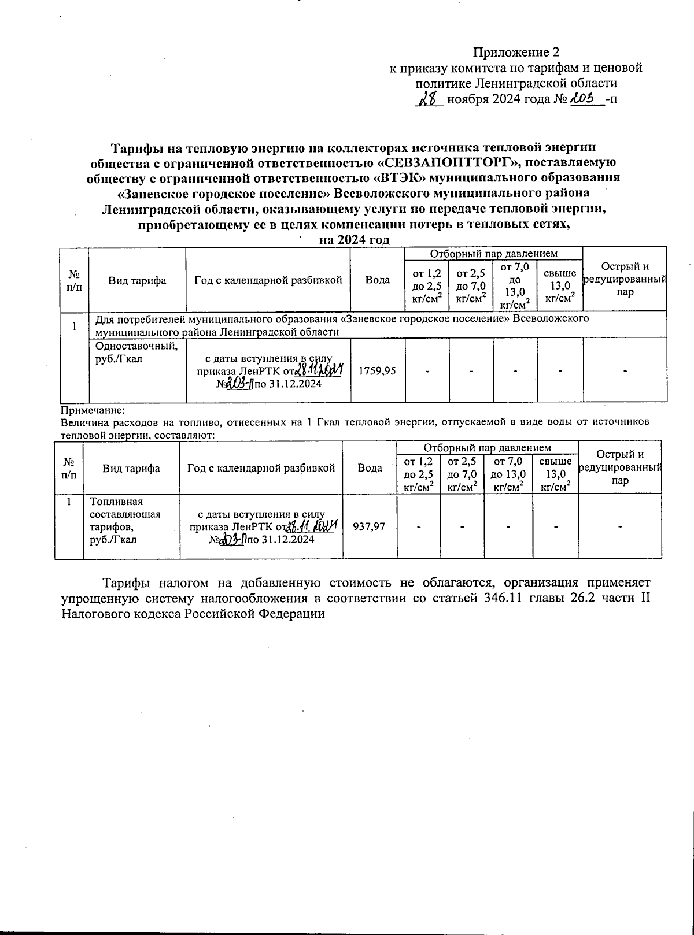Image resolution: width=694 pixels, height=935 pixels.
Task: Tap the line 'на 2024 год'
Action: click(x=355, y=240)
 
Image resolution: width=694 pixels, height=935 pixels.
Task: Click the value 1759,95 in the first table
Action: click(x=378, y=371)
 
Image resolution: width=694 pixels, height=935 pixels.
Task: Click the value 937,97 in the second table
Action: click(x=370, y=526)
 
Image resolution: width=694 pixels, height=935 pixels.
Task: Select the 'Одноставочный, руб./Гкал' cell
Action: click(x=136, y=352)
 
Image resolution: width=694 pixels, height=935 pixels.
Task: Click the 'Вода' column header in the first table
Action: click(x=377, y=280)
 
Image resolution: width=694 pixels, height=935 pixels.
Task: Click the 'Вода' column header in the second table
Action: click(x=370, y=468)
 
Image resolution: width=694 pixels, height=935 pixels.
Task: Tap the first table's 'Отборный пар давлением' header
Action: click(x=493, y=253)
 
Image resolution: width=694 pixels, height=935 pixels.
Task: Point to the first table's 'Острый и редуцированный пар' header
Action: click(x=625, y=279)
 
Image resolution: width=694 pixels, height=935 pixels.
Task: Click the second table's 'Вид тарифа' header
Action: click(x=131, y=469)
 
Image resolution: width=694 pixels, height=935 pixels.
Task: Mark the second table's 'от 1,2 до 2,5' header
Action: click(x=419, y=474)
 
